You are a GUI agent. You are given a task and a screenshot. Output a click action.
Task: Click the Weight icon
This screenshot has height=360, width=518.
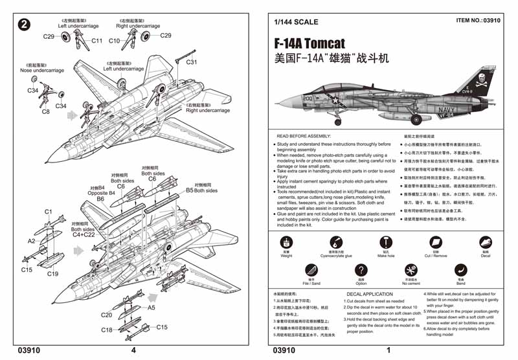[x=286, y=242]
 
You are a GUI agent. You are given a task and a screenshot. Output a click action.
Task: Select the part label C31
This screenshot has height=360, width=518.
[x=192, y=62]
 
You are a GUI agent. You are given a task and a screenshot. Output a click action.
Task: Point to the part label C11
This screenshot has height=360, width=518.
[x=96, y=41]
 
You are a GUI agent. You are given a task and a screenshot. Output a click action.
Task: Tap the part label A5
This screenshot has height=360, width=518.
[x=152, y=308]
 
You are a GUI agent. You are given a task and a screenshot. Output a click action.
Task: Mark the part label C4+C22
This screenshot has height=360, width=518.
[x=83, y=236]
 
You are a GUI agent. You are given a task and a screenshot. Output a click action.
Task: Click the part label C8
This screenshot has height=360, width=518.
[x=46, y=112]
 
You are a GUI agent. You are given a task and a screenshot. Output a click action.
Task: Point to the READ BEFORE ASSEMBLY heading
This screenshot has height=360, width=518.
[x=304, y=136]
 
